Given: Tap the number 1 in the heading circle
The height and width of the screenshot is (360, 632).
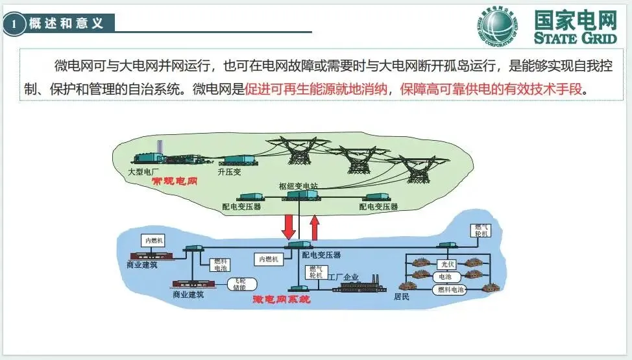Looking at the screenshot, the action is tap(14, 25).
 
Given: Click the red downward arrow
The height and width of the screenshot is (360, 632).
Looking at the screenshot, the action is tap(289, 224).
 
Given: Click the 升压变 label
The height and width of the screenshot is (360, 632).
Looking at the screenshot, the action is tap(230, 172).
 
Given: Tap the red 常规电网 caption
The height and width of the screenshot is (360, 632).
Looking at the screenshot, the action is tap(174, 182).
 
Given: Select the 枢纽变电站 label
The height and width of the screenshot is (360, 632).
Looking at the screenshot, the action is tap(298, 186).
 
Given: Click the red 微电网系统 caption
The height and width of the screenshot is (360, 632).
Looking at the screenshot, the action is tap(281, 300).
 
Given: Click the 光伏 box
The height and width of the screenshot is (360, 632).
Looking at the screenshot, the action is tap(447, 265).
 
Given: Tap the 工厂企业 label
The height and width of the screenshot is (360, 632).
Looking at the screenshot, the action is tap(344, 277).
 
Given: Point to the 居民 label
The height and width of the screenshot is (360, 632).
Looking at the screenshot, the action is tap(402, 297).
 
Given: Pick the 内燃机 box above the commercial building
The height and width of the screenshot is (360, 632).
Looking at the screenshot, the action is tap(154, 241).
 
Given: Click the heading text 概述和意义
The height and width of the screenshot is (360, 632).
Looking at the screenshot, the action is tap(66, 24).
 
